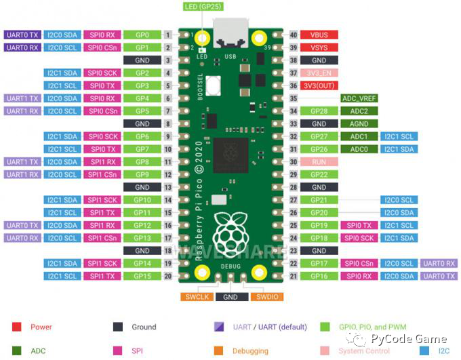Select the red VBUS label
(319, 35)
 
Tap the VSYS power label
(319, 47)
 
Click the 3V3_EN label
(319, 73)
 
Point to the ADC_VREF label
(359, 98)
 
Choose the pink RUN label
(319, 162)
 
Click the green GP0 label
(142, 35)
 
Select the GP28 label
(319, 111)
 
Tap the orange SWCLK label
(197, 297)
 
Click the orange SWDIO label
(265, 297)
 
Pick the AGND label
(359, 124)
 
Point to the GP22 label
(319, 175)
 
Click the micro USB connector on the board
(230, 33)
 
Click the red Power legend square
(16, 327)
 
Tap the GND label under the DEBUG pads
(230, 297)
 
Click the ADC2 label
(359, 111)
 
